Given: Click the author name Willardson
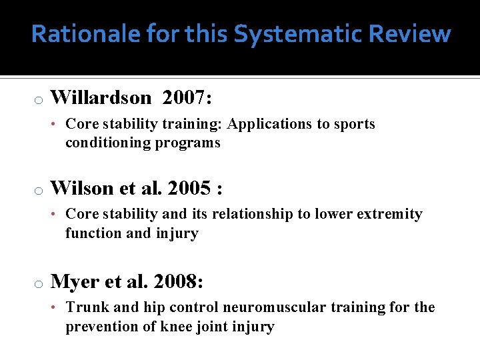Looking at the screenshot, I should click(x=101, y=98).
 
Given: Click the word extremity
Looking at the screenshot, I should click(x=390, y=215).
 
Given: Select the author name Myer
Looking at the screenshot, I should click(x=73, y=282).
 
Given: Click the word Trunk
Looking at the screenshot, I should click(x=84, y=308).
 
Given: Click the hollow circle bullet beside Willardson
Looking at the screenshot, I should click(x=39, y=100).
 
